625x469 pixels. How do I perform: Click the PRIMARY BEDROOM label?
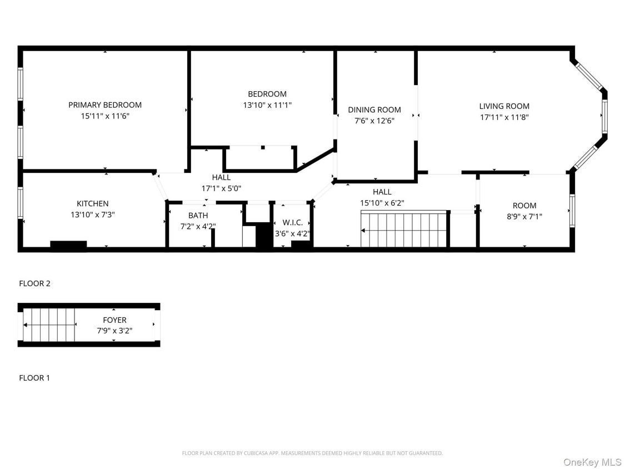pyautogui.click(x=105, y=105)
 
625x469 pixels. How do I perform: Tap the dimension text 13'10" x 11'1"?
pyautogui.click(x=267, y=105)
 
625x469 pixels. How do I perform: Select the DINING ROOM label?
pyautogui.click(x=374, y=110)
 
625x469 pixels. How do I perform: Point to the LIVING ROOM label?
pyautogui.click(x=504, y=106)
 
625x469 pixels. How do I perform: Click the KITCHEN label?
pyautogui.click(x=93, y=204)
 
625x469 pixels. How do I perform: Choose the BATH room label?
pyautogui.click(x=198, y=216)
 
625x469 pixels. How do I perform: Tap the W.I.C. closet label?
pyautogui.click(x=292, y=222)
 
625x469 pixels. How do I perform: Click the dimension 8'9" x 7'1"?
pyautogui.click(x=524, y=217)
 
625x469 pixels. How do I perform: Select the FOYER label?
pyautogui.click(x=114, y=320)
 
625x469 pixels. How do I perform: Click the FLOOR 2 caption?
pyautogui.click(x=34, y=283)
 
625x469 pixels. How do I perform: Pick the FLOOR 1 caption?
pyautogui.click(x=34, y=378)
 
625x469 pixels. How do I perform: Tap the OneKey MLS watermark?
pyautogui.click(x=592, y=462)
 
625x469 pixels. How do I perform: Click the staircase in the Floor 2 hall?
pyautogui.click(x=404, y=229)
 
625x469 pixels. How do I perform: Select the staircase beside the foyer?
pyautogui.click(x=49, y=325)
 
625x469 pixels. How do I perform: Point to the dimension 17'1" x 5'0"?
pyautogui.click(x=221, y=188)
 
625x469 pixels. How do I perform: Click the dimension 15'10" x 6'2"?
pyautogui.click(x=382, y=203)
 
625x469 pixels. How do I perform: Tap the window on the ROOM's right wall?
pyautogui.click(x=571, y=212)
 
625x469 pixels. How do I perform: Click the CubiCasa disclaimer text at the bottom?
pyautogui.click(x=312, y=453)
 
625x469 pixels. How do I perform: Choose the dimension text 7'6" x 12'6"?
pyautogui.click(x=374, y=121)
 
